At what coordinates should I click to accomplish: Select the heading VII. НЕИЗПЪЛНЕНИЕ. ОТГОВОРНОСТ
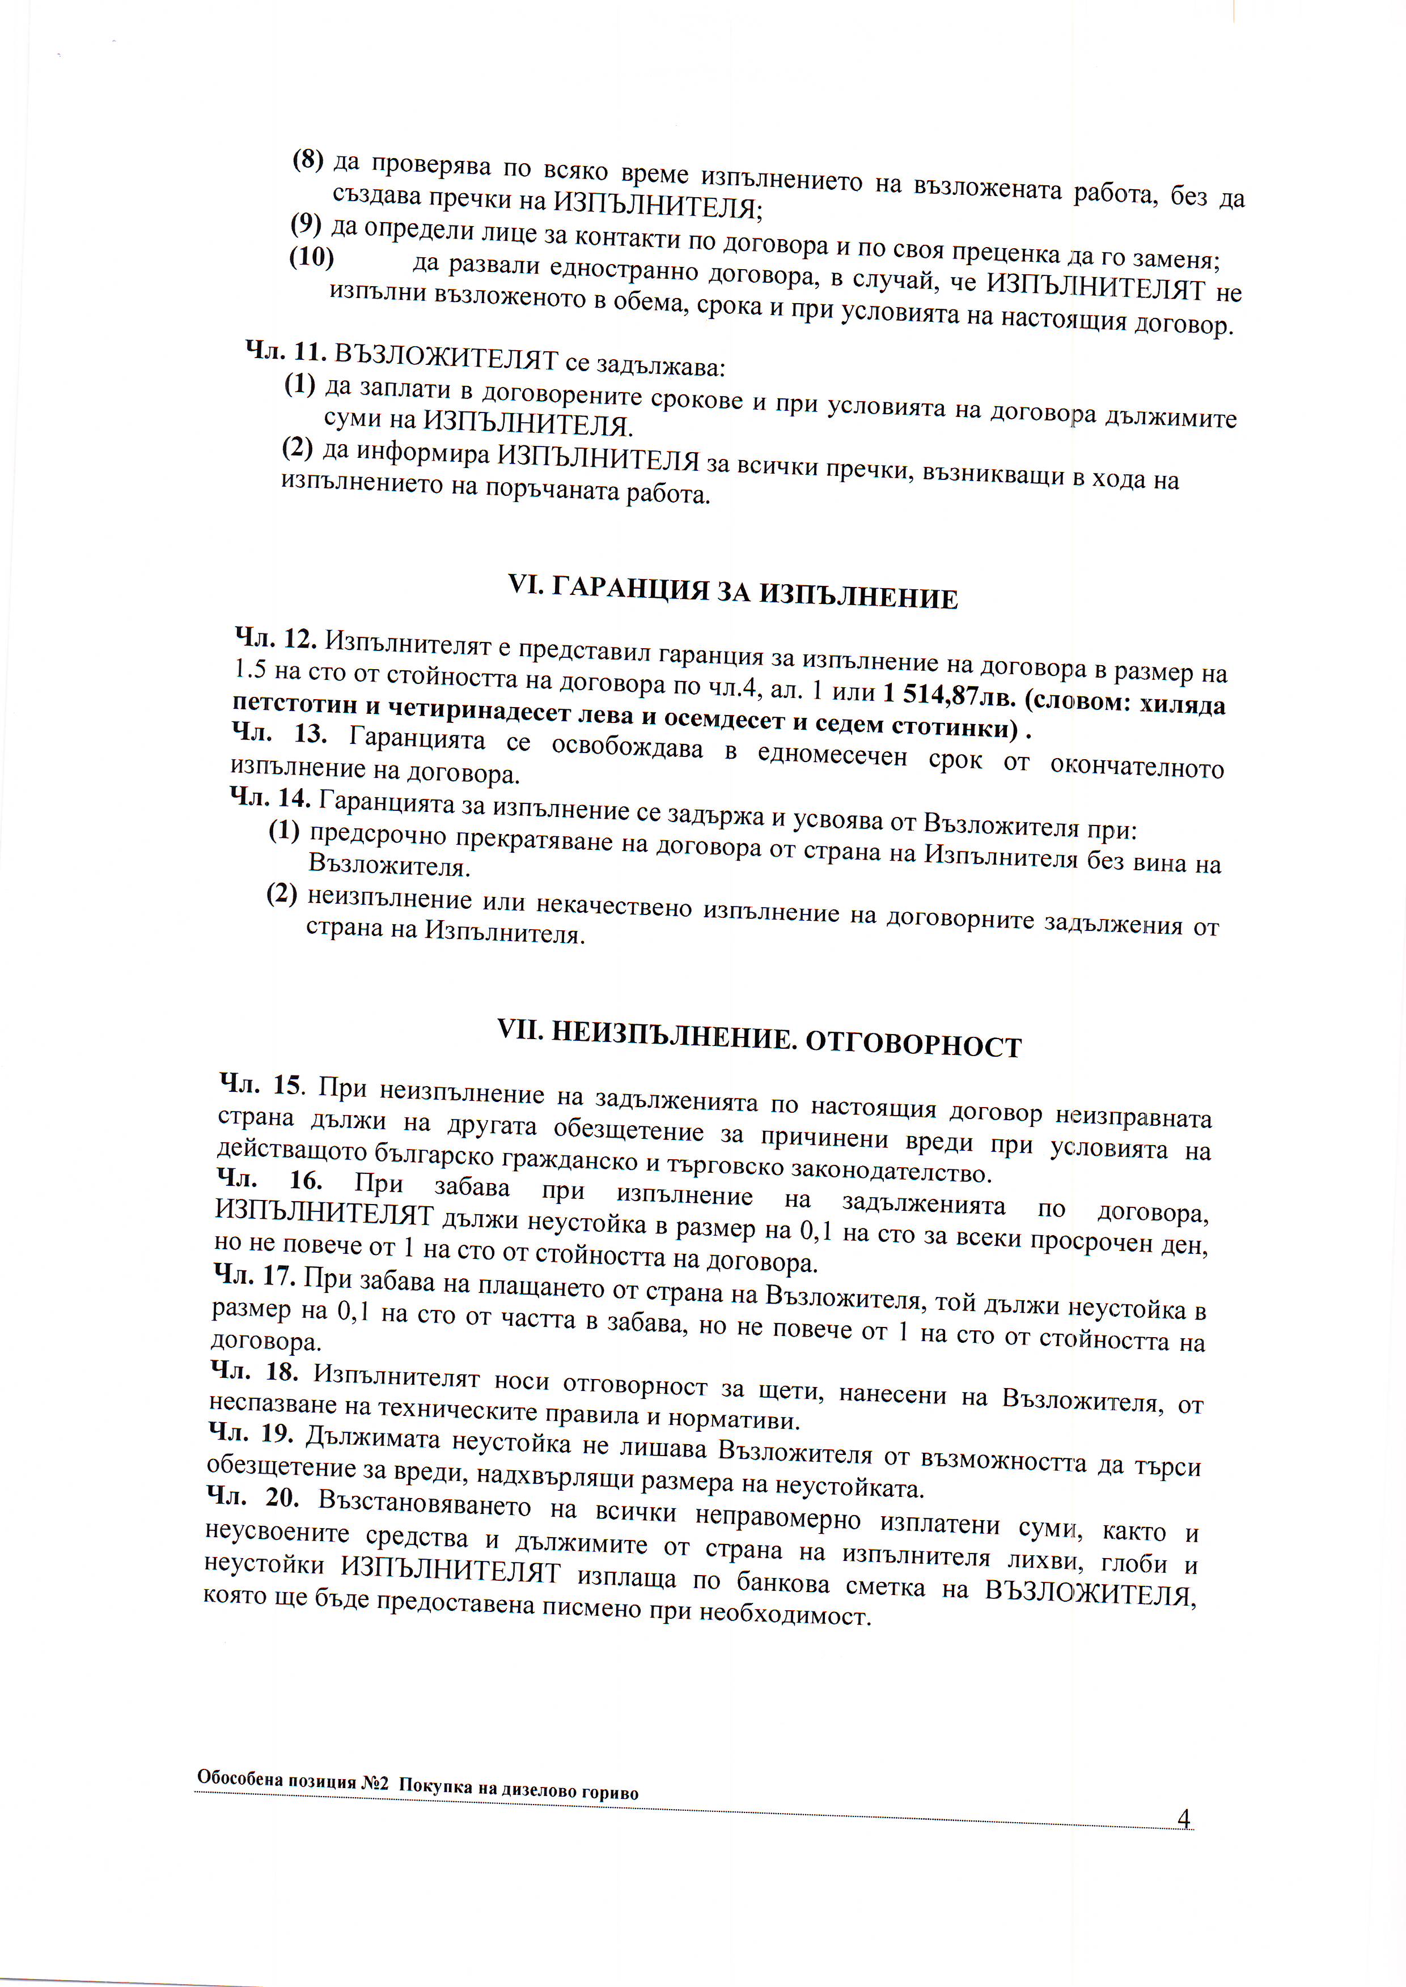point(759,1039)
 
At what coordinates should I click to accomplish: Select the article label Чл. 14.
point(270,797)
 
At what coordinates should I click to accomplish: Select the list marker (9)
point(306,225)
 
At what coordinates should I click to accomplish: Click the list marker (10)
point(312,257)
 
